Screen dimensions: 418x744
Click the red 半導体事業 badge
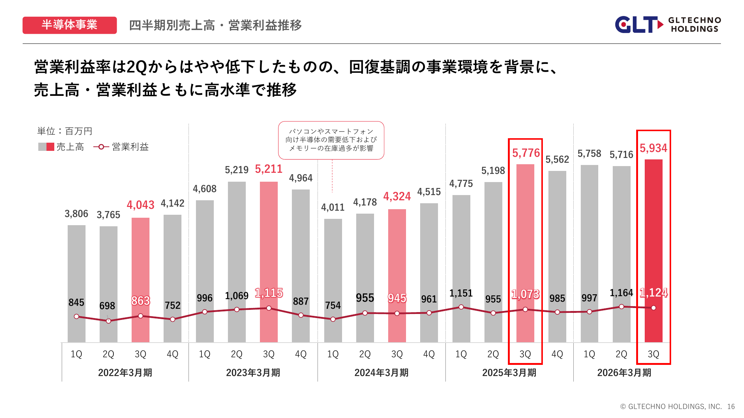pos(70,25)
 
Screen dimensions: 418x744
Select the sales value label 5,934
pos(653,148)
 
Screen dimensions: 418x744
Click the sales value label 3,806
pos(76,214)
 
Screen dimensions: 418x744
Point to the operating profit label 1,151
pos(461,293)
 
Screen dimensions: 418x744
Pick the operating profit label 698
pos(107,306)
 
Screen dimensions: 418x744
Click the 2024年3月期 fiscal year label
pos(381,373)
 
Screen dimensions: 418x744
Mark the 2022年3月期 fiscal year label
pos(125,373)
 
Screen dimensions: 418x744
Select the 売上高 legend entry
pos(61,147)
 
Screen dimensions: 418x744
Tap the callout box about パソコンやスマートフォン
pos(331,140)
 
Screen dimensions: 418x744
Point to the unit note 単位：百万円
pos(65,131)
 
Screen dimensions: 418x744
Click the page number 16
pos(731,406)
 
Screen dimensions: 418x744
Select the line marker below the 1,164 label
pos(621,307)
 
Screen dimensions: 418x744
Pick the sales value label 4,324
pos(397,196)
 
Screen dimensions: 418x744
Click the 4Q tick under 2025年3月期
pos(557,354)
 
